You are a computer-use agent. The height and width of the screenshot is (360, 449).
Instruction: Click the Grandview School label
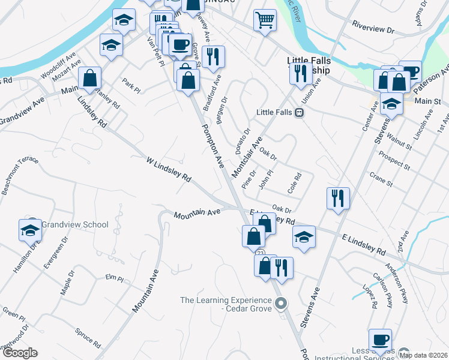coord(76,225)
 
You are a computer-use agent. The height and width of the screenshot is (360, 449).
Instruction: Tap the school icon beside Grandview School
coord(30,229)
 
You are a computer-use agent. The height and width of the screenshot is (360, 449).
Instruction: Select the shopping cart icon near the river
coord(264,21)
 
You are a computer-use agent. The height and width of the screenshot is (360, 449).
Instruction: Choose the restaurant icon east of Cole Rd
coord(338,197)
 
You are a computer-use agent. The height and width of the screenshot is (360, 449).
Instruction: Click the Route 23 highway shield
coord(260,254)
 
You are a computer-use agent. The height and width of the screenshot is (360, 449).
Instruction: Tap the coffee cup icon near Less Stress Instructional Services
coord(380,340)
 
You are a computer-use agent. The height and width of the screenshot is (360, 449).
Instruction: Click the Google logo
coord(20,353)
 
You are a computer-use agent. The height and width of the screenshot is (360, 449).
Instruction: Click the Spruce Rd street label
coord(88,338)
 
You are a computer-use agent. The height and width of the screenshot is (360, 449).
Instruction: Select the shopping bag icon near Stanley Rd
coord(89,78)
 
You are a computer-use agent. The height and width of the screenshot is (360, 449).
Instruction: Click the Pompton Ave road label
coord(212,146)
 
